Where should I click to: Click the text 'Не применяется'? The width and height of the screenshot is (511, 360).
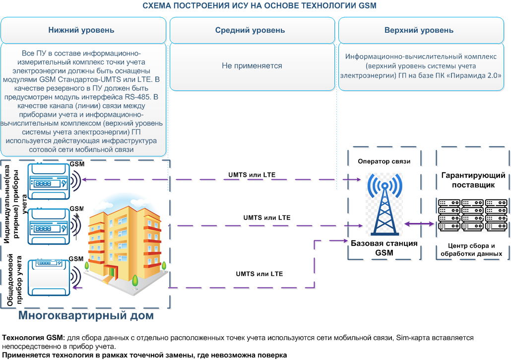[x=252, y=66]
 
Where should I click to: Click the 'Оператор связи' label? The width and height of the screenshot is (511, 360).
[x=384, y=161]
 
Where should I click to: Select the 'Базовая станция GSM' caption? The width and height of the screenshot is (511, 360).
[x=384, y=248]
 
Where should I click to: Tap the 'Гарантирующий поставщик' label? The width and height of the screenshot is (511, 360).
[x=473, y=180]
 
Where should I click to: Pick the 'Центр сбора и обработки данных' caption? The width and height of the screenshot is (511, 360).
[x=472, y=250]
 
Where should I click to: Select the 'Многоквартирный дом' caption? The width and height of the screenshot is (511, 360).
[x=86, y=315]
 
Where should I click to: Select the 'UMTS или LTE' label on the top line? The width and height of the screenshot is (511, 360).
[x=252, y=175]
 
